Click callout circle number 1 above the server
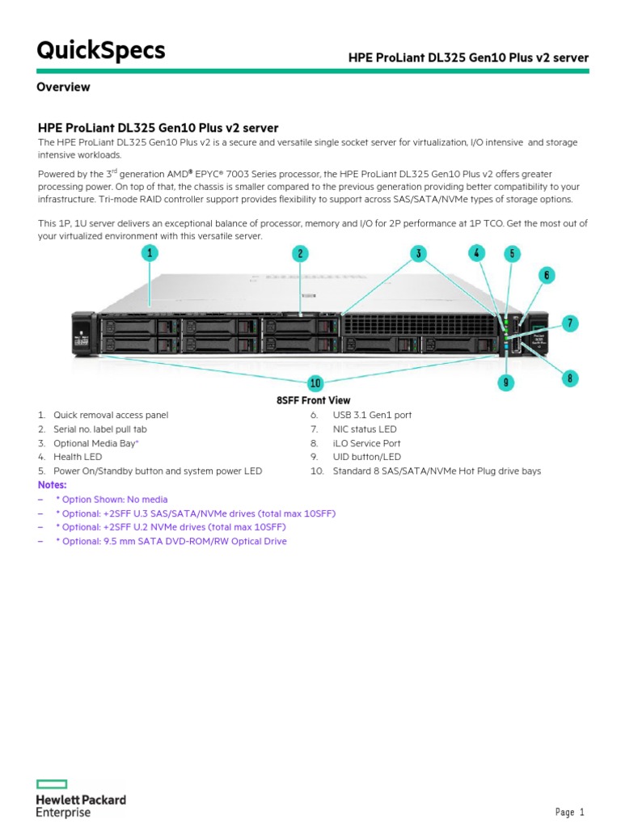150,253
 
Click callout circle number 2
300,253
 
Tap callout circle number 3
418,253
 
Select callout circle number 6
547,275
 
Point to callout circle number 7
571,323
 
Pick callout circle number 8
571,377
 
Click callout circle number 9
505,382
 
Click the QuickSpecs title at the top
101,51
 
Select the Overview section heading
63,87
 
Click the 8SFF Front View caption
314,400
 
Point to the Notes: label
53,484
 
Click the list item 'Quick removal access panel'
111,415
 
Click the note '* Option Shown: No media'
112,500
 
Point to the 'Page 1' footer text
569,812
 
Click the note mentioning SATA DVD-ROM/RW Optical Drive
171,541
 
